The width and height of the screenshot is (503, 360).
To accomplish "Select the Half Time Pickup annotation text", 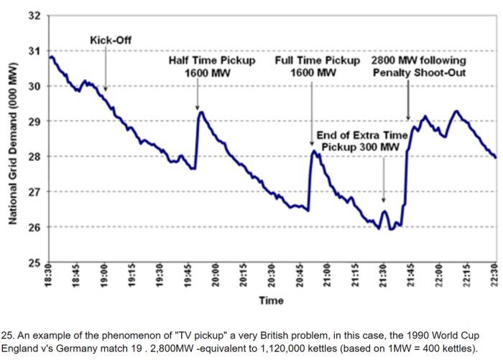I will point(211,67).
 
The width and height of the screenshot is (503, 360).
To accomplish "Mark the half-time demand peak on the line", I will point(201,112).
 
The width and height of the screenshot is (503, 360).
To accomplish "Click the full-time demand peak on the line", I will point(313,151).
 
